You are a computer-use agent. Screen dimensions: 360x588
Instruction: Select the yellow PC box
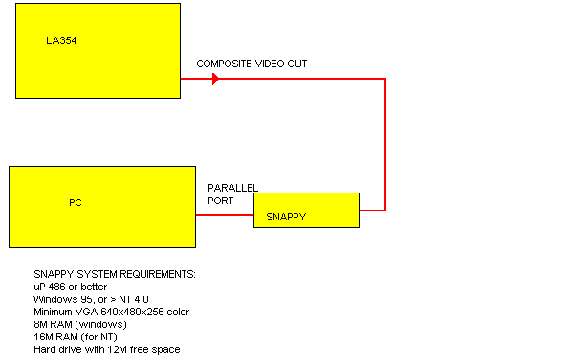(x=102, y=205)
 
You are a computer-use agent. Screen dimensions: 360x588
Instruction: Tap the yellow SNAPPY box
(x=305, y=210)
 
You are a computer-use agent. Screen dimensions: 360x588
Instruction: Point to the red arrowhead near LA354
(x=214, y=78)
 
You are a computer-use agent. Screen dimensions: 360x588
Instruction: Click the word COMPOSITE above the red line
(x=221, y=63)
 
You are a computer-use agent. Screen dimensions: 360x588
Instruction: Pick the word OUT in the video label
(x=297, y=63)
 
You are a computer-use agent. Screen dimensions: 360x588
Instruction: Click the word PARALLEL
(x=232, y=188)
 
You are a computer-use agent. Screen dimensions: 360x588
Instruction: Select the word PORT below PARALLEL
(x=220, y=200)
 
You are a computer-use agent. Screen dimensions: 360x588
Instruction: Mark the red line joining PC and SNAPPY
(x=224, y=214)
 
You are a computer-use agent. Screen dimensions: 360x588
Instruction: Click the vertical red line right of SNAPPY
(x=384, y=145)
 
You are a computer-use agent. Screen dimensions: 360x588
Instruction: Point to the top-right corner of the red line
(x=384, y=78)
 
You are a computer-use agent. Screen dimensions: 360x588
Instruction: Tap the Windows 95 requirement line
(x=90, y=299)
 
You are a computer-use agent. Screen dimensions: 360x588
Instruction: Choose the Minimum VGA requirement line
(x=110, y=311)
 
